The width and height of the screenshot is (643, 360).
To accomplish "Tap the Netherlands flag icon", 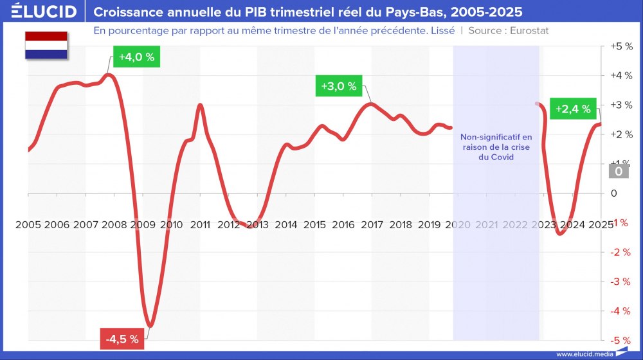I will point(46,46).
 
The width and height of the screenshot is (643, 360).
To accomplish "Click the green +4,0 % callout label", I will point(136,57).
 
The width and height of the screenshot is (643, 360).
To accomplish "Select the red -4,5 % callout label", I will point(122,339).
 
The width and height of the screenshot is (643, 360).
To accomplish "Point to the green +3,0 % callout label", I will point(339,86).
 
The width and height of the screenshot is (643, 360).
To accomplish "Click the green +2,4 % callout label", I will point(573,109).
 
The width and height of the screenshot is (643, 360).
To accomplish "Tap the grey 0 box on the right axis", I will point(618,171).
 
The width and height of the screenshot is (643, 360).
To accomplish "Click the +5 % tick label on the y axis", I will point(622,47).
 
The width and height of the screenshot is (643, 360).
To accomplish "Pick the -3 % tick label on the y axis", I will point(620,282).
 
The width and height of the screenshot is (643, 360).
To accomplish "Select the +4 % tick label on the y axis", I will point(622,76).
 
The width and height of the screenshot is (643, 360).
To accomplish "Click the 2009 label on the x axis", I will point(143,224).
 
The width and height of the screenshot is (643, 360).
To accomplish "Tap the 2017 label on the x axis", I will point(372,224).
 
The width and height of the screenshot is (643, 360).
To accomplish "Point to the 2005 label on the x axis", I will point(28,224).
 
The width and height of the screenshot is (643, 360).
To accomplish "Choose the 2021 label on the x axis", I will point(487,224).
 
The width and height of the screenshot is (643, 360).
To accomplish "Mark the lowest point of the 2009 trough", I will point(149,326).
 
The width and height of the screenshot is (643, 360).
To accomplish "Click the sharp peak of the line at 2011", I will point(200,105).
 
